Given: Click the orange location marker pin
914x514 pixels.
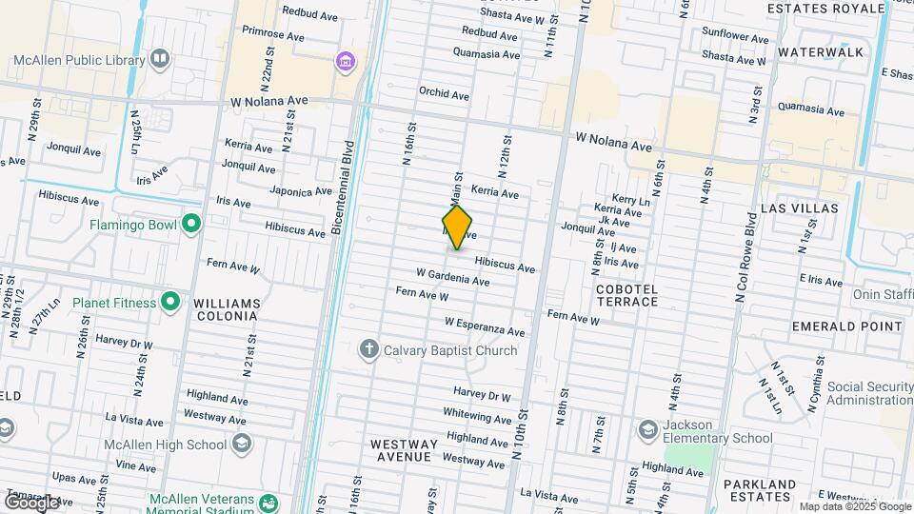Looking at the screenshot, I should pyautogui.click(x=458, y=227).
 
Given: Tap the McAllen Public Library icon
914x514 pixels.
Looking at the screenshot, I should pyautogui.click(x=160, y=59).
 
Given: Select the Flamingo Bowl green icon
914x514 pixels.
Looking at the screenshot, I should pyautogui.click(x=191, y=226).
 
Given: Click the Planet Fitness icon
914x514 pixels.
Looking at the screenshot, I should pyautogui.click(x=170, y=303).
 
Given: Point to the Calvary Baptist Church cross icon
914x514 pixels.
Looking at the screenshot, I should pyautogui.click(x=369, y=350).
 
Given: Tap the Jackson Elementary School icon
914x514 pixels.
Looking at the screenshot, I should pyautogui.click(x=648, y=430).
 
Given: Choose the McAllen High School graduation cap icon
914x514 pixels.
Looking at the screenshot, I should pyautogui.click(x=242, y=444).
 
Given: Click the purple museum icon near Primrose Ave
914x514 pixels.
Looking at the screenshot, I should pyautogui.click(x=345, y=63).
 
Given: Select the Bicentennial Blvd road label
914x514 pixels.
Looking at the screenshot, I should pyautogui.click(x=342, y=189).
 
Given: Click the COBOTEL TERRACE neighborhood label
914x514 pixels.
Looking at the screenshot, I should pyautogui.click(x=626, y=295).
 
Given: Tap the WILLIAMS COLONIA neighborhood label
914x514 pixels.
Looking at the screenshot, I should pyautogui.click(x=227, y=310).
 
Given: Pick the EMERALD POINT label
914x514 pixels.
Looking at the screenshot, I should pyautogui.click(x=846, y=326).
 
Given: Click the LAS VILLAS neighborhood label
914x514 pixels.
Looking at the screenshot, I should pyautogui.click(x=800, y=208).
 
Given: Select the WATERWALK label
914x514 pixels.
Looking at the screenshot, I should pyautogui.click(x=820, y=51).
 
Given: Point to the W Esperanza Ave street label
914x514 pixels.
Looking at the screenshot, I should pyautogui.click(x=485, y=326).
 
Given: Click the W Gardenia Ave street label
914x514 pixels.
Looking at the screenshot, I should pyautogui.click(x=452, y=277).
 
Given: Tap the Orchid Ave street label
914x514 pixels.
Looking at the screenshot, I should pyautogui.click(x=444, y=94).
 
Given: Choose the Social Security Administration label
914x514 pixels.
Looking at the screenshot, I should pyautogui.click(x=869, y=394).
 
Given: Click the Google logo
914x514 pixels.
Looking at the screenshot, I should pyautogui.click(x=32, y=501).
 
